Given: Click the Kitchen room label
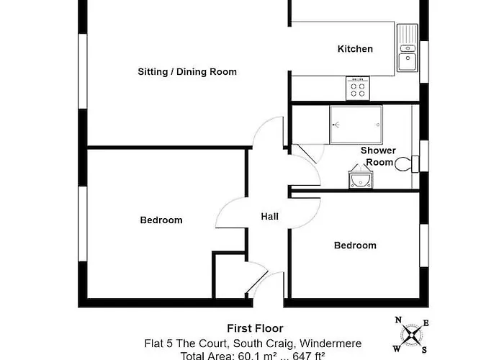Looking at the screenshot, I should coord(356,49).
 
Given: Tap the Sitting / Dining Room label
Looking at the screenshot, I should coord(187,72).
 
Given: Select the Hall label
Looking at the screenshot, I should coord(269,217).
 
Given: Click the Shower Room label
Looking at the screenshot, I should coord(378,156).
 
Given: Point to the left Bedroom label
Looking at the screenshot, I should coord(161,220).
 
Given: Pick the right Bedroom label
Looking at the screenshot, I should coord(355,246).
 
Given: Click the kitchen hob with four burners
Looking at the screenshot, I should coord(358,88).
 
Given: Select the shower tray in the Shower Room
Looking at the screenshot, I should coord(357,125).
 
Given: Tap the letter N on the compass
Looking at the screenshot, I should coord(398,321).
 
